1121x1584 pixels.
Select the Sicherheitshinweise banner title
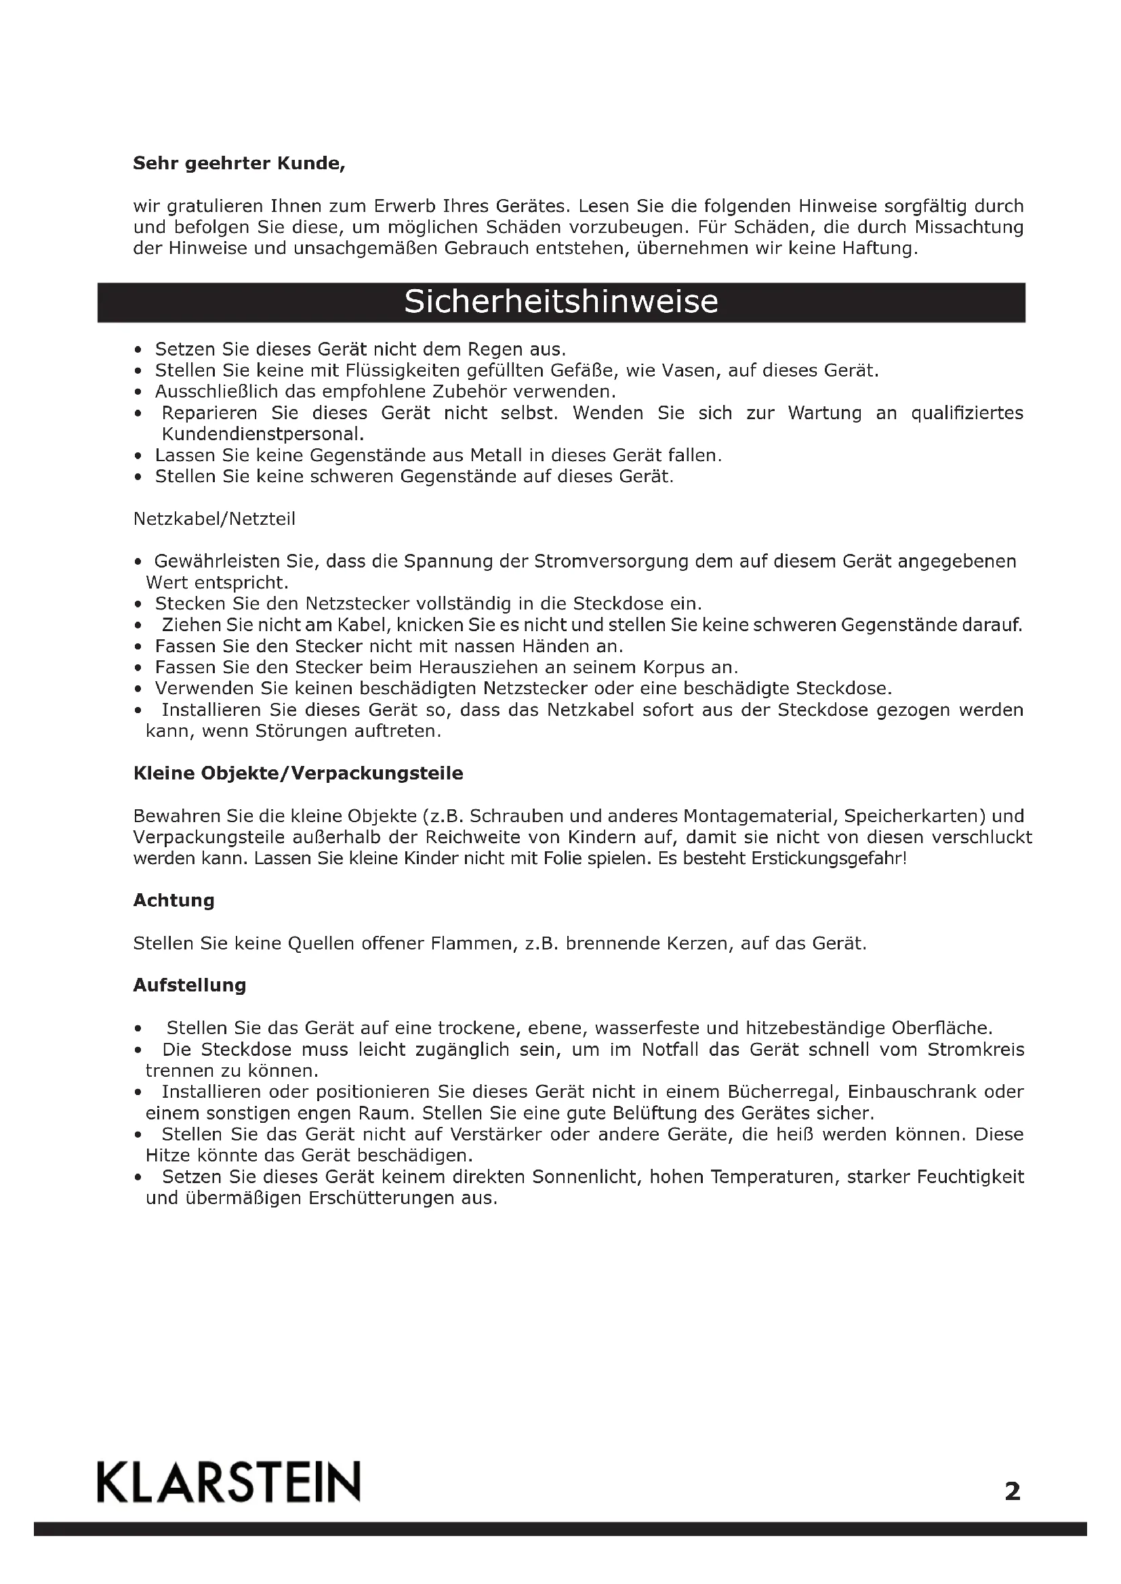pos(560,302)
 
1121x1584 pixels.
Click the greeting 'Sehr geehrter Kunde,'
pos(239,163)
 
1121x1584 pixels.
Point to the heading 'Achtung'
pos(174,900)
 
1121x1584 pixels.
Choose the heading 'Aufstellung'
pos(190,985)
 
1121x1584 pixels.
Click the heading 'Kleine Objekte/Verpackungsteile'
pos(298,773)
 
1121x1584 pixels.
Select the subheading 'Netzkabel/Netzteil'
pos(214,519)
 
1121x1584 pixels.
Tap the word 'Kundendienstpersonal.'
pos(262,435)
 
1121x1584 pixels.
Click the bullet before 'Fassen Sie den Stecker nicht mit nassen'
pos(139,647)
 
